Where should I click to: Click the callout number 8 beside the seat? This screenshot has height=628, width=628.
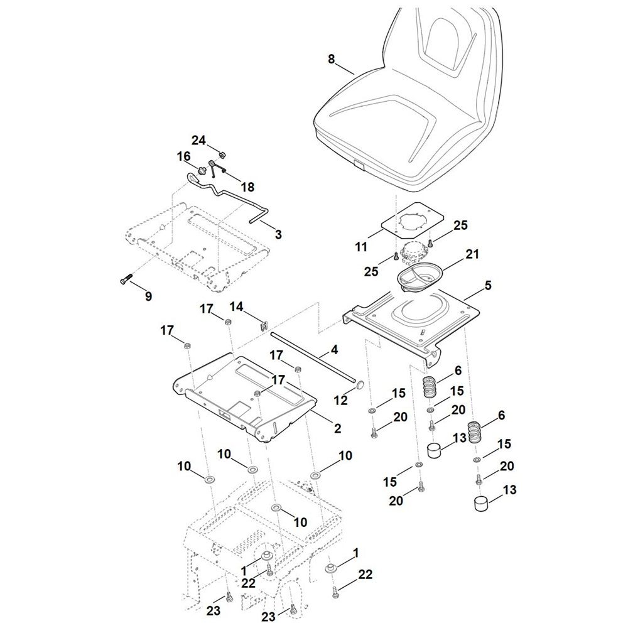[x=331, y=59]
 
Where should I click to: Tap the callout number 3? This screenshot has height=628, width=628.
[x=278, y=234]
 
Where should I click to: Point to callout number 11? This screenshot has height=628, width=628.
[x=361, y=247]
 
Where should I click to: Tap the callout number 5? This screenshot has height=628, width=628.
[x=487, y=286]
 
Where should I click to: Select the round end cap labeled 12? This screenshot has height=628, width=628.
[x=359, y=385]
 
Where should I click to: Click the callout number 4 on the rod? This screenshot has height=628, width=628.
[x=334, y=350]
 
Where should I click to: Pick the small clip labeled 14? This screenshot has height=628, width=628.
[x=264, y=325]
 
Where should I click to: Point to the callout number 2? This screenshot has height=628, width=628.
[x=338, y=428]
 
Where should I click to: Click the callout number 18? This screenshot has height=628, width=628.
[x=247, y=187]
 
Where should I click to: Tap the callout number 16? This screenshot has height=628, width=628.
[x=184, y=156]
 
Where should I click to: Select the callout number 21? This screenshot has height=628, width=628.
[x=472, y=254]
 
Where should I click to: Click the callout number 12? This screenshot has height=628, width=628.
[x=341, y=399]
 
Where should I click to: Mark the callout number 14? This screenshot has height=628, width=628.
[x=236, y=307]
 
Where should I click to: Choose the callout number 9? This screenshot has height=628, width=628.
[x=148, y=296]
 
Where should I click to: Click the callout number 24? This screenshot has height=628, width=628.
[x=198, y=140]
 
